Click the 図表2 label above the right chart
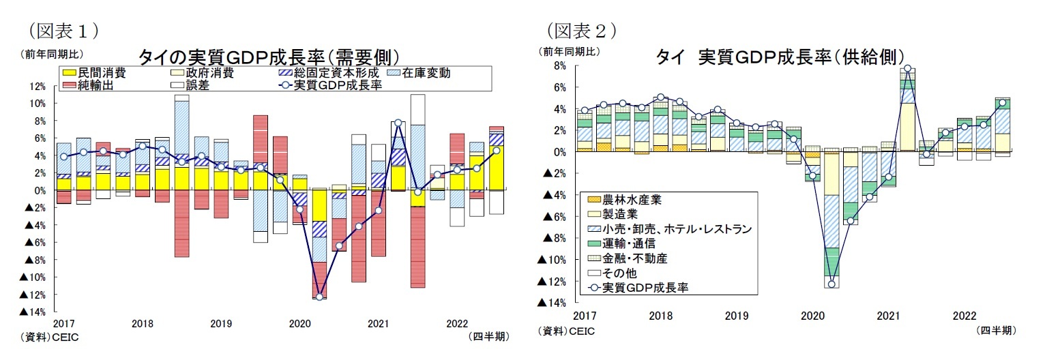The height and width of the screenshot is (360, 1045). pyautogui.click(x=581, y=30)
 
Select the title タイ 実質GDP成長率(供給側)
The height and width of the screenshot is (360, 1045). pyautogui.click(x=780, y=56)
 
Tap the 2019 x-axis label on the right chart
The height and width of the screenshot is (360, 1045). pyautogui.click(x=736, y=316)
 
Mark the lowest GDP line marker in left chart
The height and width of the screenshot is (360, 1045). pyautogui.click(x=319, y=297)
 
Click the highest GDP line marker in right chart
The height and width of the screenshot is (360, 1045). pyautogui.click(x=908, y=69)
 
